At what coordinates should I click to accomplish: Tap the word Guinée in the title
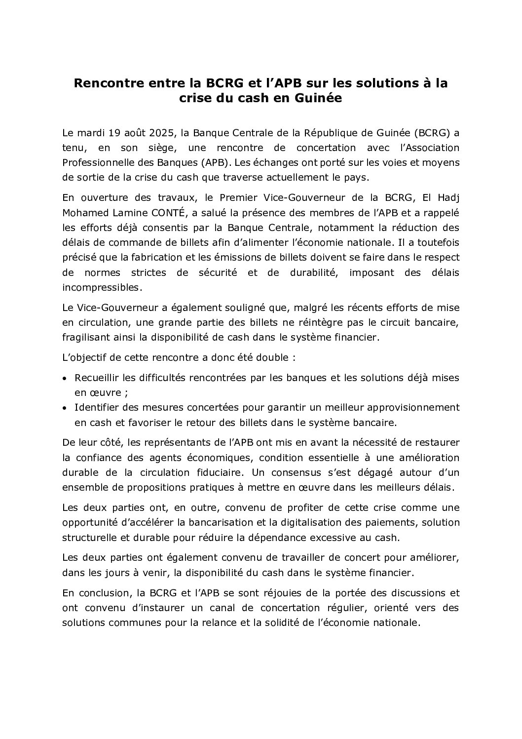pos(319,98)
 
